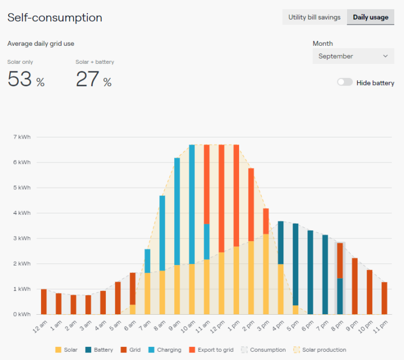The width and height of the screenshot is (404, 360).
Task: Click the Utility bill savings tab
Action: (314, 17)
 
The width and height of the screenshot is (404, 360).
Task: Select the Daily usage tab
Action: (371, 17)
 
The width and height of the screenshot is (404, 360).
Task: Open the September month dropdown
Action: (353, 56)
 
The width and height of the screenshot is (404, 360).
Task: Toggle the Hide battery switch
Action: (344, 83)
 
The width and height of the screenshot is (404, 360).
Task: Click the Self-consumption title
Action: (55, 17)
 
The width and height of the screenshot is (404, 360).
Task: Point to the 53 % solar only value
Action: (26, 80)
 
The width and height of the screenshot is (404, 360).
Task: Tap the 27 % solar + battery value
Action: (93, 80)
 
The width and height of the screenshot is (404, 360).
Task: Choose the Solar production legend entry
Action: (321, 350)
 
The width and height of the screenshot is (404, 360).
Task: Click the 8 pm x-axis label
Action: (337, 326)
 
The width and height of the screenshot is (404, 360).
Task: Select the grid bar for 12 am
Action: (44, 302)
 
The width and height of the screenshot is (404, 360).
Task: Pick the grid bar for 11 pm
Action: (384, 298)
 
